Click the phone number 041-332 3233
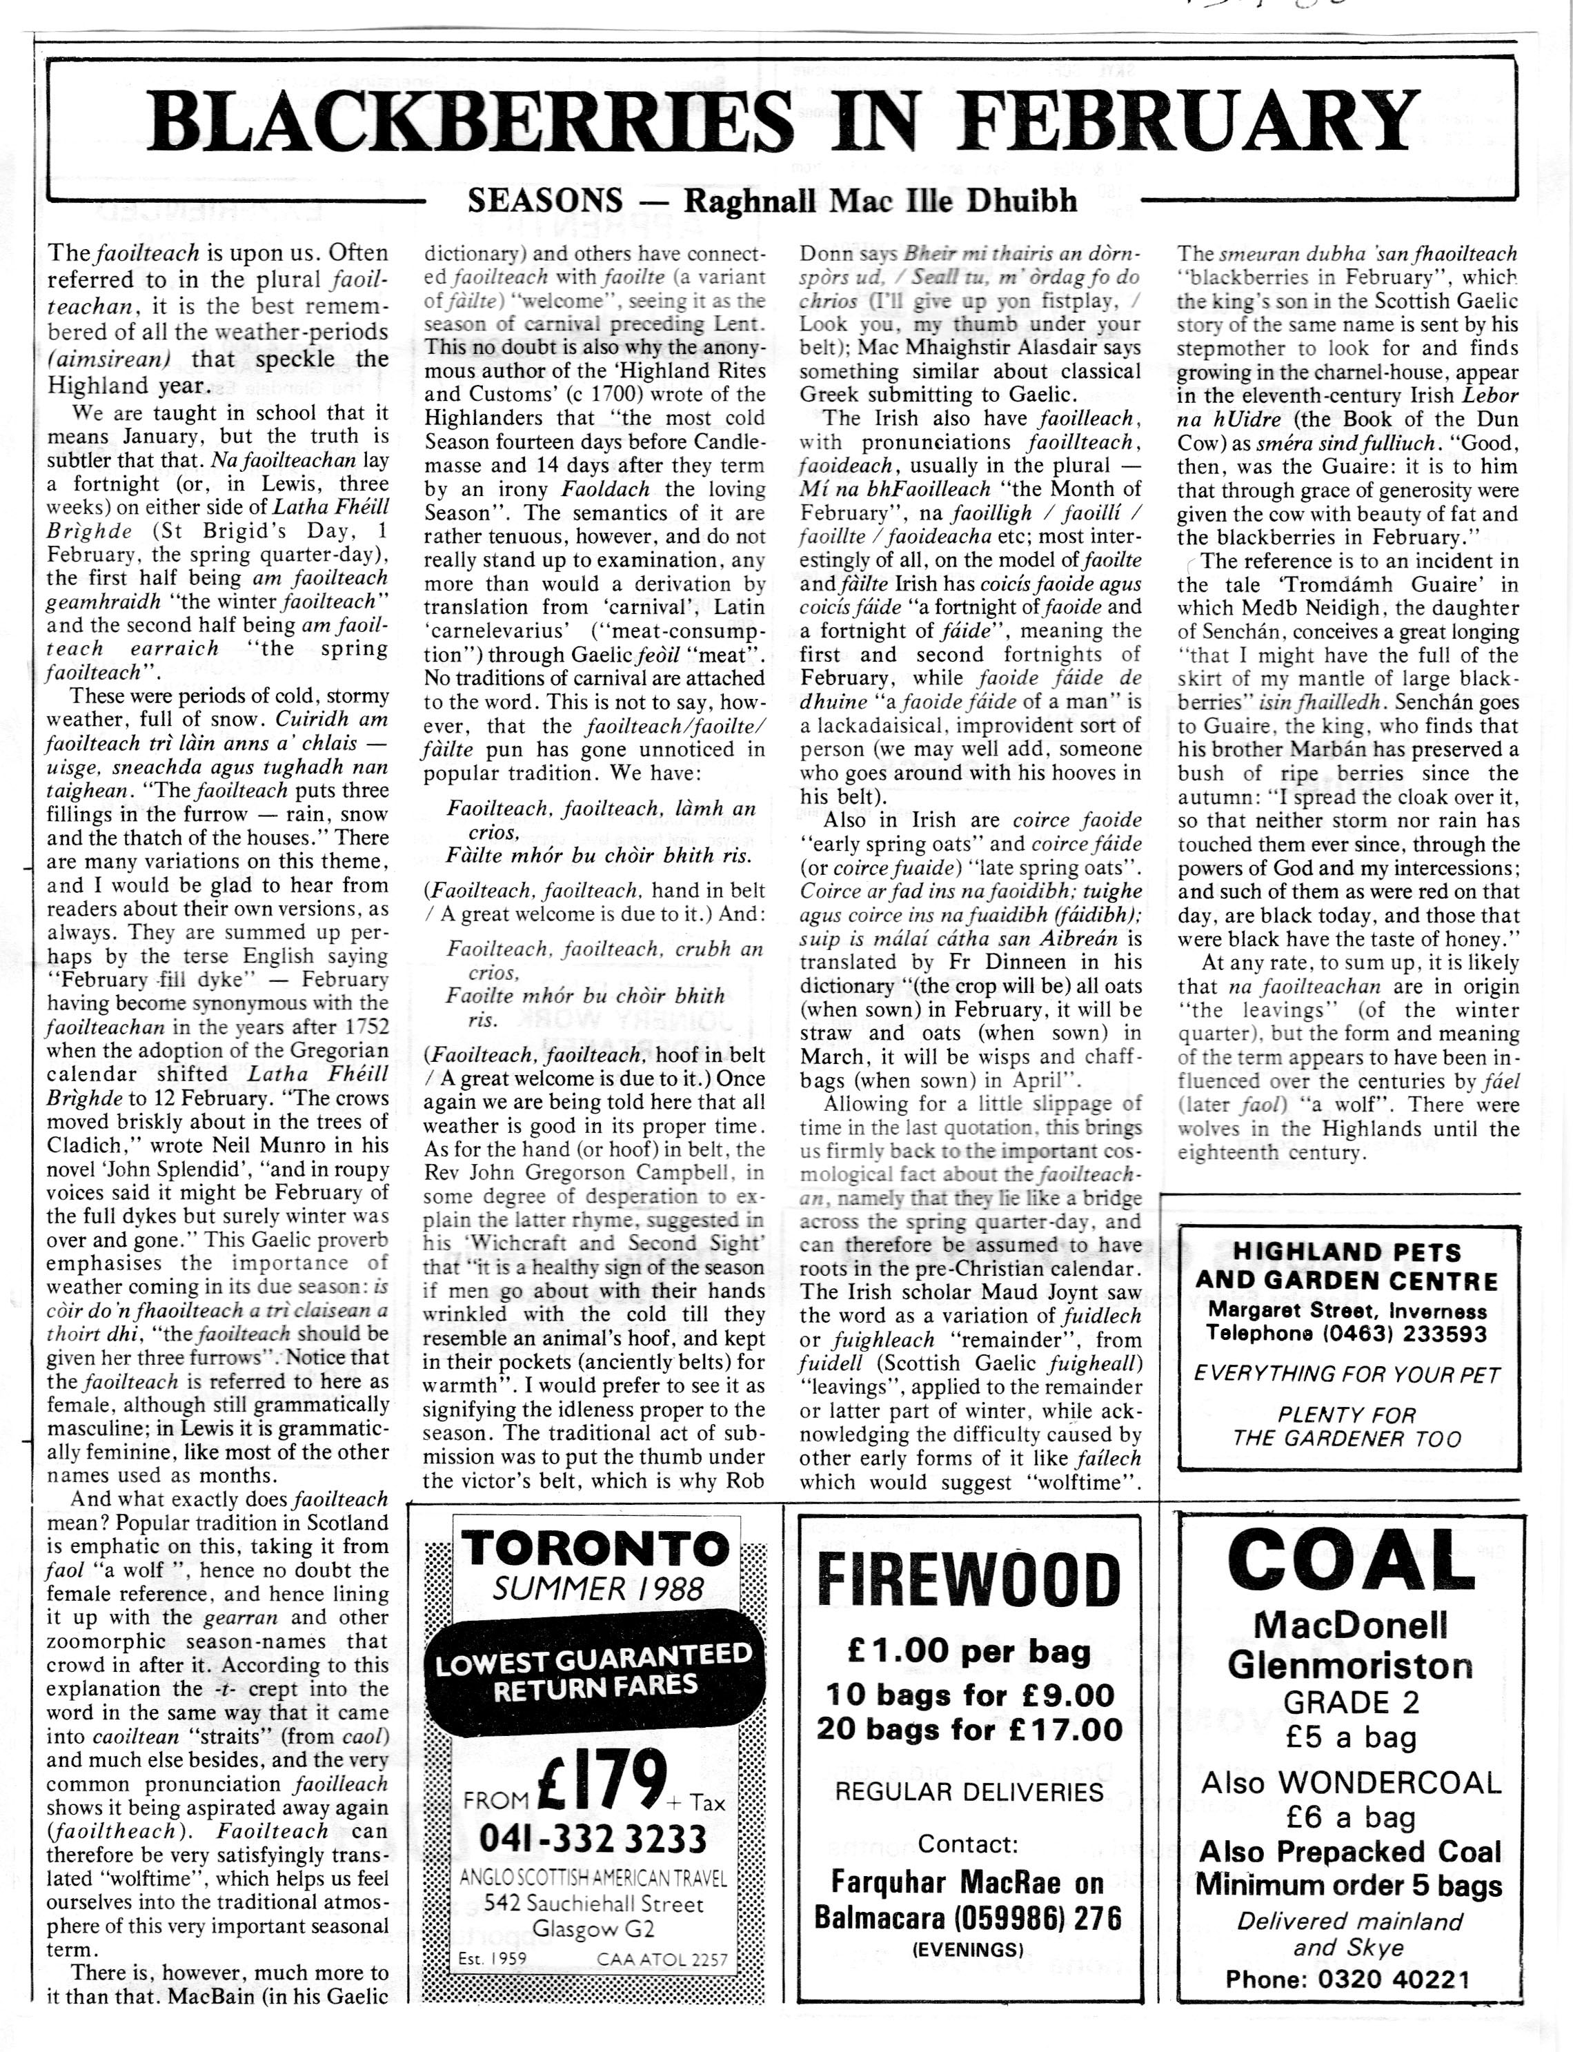pyautogui.click(x=593, y=1839)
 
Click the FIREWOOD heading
pyautogui.click(x=968, y=1582)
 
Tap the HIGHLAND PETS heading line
pyautogui.click(x=1347, y=1252)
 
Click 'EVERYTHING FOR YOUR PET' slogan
pyautogui.click(x=1347, y=1374)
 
